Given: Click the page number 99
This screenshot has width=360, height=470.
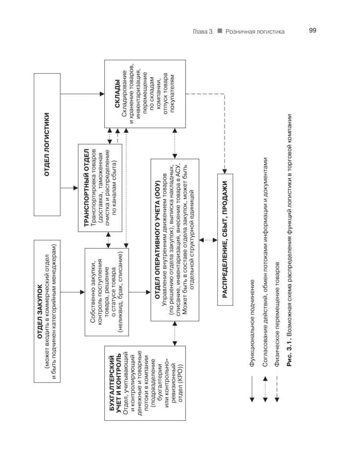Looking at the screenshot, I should point(312,30).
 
